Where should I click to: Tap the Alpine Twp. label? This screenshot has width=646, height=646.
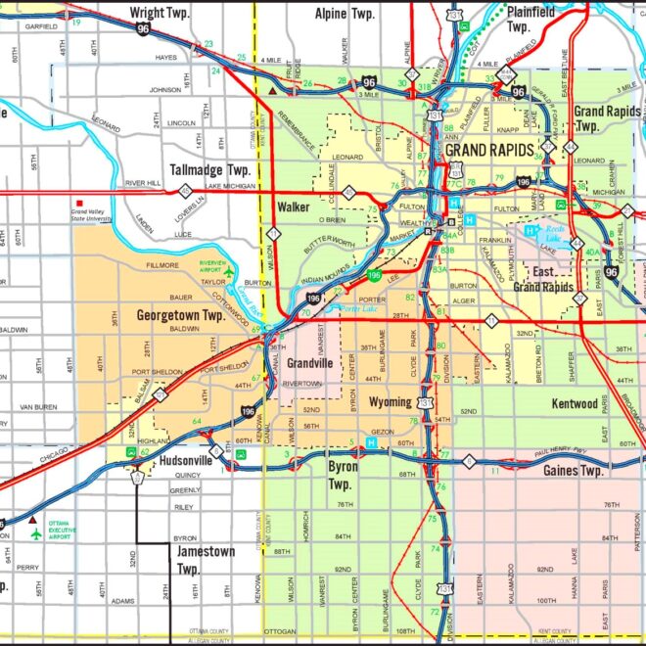(345, 14)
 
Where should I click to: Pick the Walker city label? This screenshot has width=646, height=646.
(293, 208)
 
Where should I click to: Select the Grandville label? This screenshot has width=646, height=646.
(310, 363)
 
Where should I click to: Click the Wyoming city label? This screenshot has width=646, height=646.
(390, 402)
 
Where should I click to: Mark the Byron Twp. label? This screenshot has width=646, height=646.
(341, 477)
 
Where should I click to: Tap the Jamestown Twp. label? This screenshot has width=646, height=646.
(206, 560)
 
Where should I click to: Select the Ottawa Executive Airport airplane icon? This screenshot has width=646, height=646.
(37, 534)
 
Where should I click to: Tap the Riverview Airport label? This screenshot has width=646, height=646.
(212, 267)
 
